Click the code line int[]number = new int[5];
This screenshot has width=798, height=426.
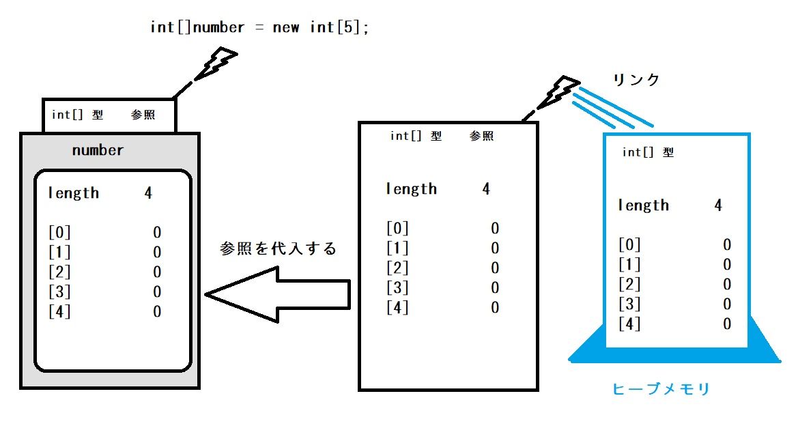[x=259, y=27]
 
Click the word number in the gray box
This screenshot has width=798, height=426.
[x=98, y=150]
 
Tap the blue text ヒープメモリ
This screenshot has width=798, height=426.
[x=661, y=389]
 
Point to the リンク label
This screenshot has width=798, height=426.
[x=636, y=80]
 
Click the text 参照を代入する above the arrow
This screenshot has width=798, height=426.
[x=279, y=248]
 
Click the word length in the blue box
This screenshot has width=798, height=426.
[x=643, y=205]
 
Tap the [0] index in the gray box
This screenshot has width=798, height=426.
[x=59, y=232]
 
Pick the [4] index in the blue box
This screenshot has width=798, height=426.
[x=629, y=324]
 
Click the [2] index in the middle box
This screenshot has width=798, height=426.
[x=397, y=268]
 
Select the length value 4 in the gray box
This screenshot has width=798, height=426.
[x=148, y=193]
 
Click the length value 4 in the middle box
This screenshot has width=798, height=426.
[x=486, y=189]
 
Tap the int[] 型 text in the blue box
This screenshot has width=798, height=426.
[x=648, y=153]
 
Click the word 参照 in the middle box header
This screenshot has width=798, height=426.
[x=481, y=136]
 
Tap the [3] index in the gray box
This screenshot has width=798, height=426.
[x=59, y=292]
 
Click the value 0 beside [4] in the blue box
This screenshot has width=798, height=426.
[x=727, y=324]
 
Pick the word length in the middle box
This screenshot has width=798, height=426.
[x=411, y=189]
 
